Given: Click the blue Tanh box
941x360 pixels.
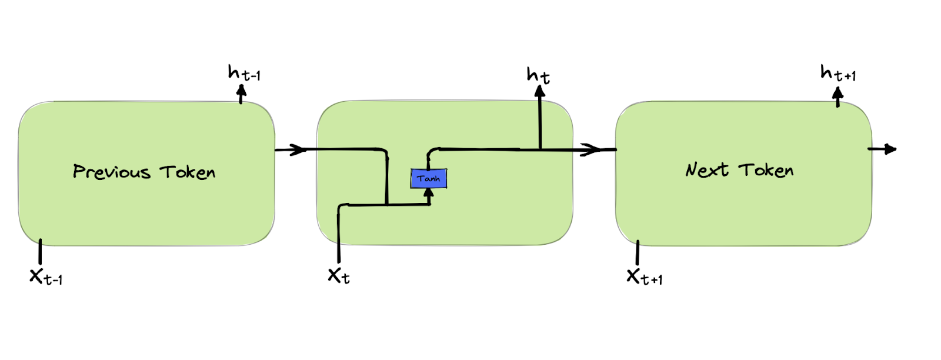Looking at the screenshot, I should pos(429,178).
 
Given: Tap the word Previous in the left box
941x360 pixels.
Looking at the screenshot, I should pos(112,172).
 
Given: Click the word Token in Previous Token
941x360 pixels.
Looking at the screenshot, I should pos(188,172).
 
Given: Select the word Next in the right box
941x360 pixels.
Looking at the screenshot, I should pos(707,170).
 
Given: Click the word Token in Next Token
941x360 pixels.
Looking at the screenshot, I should pos(766,170).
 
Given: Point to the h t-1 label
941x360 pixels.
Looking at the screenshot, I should pos(243,74).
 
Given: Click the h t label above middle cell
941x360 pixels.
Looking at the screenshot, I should pos(538,75).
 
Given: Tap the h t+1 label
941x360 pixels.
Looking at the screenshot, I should pos(837,74).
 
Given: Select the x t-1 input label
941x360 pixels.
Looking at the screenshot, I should pos(46,276).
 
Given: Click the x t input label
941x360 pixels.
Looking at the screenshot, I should pos(339,275).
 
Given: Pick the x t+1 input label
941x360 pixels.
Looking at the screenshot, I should pos(644,276).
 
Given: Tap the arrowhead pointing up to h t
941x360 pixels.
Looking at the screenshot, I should pos(540,92).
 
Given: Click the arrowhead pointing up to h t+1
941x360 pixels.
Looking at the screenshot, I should pos(838,93).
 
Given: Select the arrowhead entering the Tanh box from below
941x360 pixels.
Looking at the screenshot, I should pos(429,193).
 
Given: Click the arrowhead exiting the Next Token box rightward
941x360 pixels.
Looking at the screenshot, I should pos(890,149).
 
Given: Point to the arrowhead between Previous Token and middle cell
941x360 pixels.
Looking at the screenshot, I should pos(299,149).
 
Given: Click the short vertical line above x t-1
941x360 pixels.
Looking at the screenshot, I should pos(40,252).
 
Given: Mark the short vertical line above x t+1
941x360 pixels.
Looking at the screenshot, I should pos(638,253).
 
